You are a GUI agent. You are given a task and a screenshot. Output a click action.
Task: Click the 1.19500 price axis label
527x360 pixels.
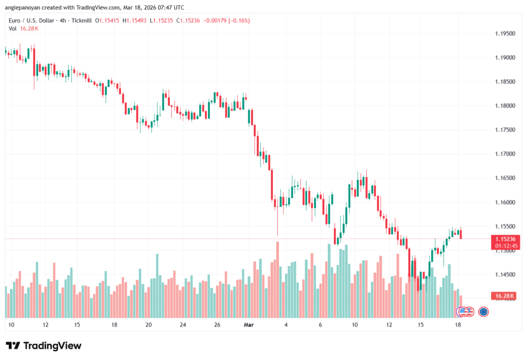504,33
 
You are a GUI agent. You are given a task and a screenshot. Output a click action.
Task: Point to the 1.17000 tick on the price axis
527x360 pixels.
504,154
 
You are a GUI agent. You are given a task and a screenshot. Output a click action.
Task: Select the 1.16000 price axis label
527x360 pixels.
504,202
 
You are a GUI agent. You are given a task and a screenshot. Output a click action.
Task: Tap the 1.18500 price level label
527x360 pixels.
504,82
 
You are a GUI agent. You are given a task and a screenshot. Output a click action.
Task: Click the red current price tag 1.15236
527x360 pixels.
505,239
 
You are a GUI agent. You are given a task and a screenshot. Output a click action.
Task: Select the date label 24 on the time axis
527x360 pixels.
183,325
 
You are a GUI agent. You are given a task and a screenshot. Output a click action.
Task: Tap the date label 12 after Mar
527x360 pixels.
390,325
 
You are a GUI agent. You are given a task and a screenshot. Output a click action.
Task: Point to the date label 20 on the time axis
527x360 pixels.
148,325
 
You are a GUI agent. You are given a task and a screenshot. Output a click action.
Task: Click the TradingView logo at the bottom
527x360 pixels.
44,346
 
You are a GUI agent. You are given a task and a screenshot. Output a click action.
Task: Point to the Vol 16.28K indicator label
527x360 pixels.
24,28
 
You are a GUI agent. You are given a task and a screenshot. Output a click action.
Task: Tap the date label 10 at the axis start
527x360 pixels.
11,325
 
